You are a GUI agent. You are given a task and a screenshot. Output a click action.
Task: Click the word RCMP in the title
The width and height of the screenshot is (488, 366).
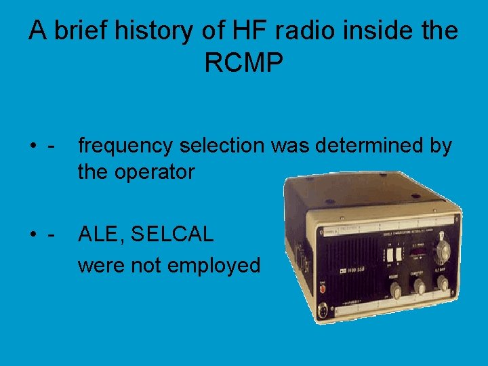243,63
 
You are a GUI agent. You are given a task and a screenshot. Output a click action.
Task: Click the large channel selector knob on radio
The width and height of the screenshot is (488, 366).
444,249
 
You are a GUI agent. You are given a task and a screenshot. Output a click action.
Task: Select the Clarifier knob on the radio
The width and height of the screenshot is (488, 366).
420,289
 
